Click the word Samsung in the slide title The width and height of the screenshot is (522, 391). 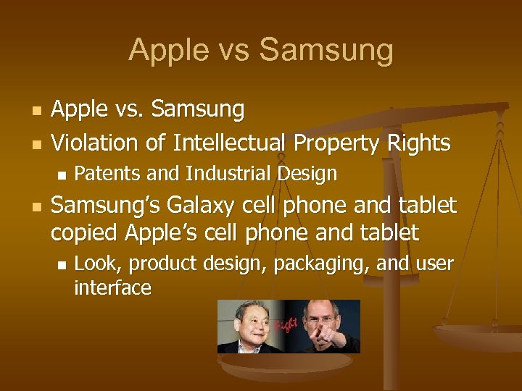click(x=326, y=51)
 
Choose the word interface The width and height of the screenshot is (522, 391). click(x=112, y=288)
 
